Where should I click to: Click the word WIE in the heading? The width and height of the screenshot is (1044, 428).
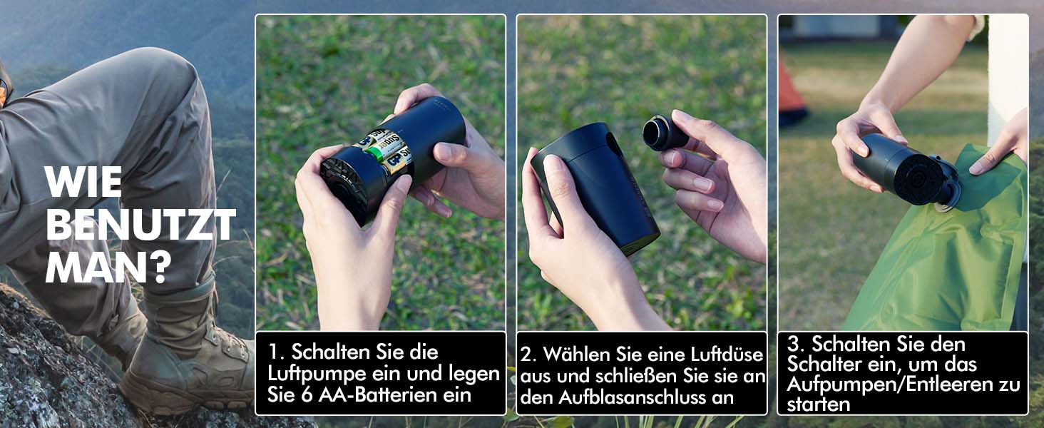[x=83, y=183]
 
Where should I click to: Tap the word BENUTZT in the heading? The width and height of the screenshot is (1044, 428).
[x=140, y=225]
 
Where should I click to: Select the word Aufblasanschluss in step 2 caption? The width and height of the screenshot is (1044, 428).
[x=646, y=397]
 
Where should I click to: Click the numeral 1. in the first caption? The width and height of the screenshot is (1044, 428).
[x=276, y=352]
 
